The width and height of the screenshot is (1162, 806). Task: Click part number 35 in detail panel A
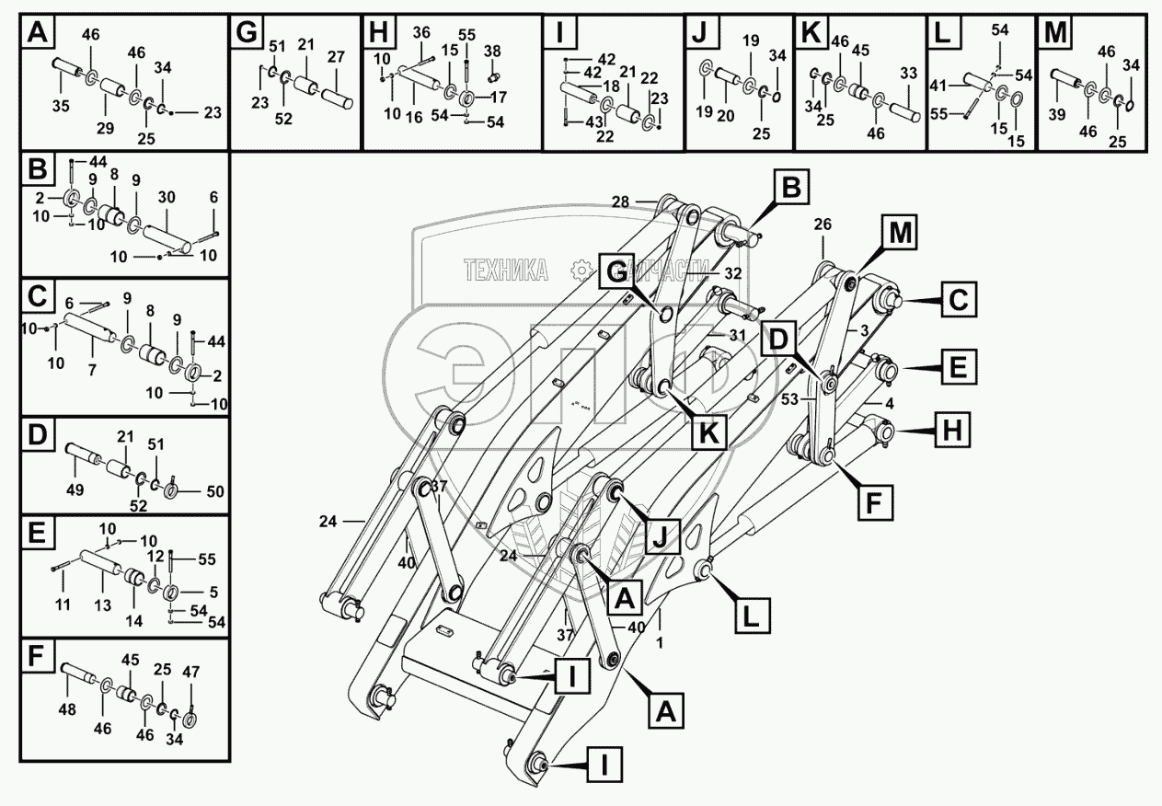60,107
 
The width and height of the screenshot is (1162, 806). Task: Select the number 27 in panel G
336,57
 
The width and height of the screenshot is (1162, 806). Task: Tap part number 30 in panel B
167,198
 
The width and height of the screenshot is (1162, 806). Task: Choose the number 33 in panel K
908,73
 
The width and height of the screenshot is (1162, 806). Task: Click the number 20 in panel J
726,116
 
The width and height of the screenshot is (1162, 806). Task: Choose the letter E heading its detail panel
38,535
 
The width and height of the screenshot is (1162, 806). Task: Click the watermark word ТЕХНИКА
506,270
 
